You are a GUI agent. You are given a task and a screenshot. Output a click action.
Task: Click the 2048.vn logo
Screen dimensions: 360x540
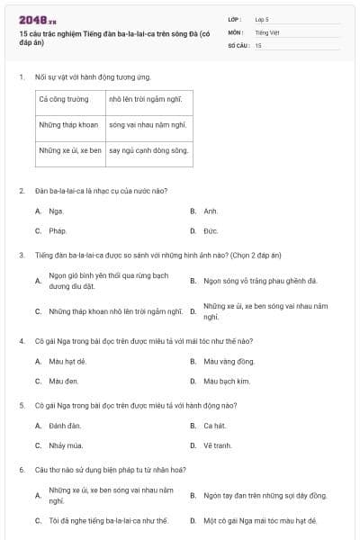click(37, 20)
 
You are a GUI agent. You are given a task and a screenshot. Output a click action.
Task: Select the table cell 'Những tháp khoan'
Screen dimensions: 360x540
click(68, 125)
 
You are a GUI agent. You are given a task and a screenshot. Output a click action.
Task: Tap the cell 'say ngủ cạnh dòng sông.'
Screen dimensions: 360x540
click(148, 150)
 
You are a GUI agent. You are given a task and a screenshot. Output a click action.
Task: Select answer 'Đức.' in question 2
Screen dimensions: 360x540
click(211, 230)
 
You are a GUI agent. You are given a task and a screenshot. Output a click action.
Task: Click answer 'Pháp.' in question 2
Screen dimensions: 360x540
click(58, 230)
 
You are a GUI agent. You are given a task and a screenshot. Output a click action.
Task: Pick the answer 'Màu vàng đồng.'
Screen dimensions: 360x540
click(224, 361)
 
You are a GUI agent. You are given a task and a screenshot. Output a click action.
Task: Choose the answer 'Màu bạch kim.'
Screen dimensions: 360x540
click(226, 381)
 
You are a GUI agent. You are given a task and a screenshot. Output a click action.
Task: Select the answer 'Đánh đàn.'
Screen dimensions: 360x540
click(65, 425)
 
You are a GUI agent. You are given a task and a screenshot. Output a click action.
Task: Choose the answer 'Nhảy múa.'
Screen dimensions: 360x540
click(65, 445)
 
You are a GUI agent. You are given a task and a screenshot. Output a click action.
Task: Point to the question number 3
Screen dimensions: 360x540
click(21, 255)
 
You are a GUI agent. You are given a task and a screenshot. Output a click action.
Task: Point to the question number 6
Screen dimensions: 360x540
click(21, 469)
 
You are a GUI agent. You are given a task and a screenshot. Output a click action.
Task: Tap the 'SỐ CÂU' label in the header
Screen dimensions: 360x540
click(238, 44)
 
